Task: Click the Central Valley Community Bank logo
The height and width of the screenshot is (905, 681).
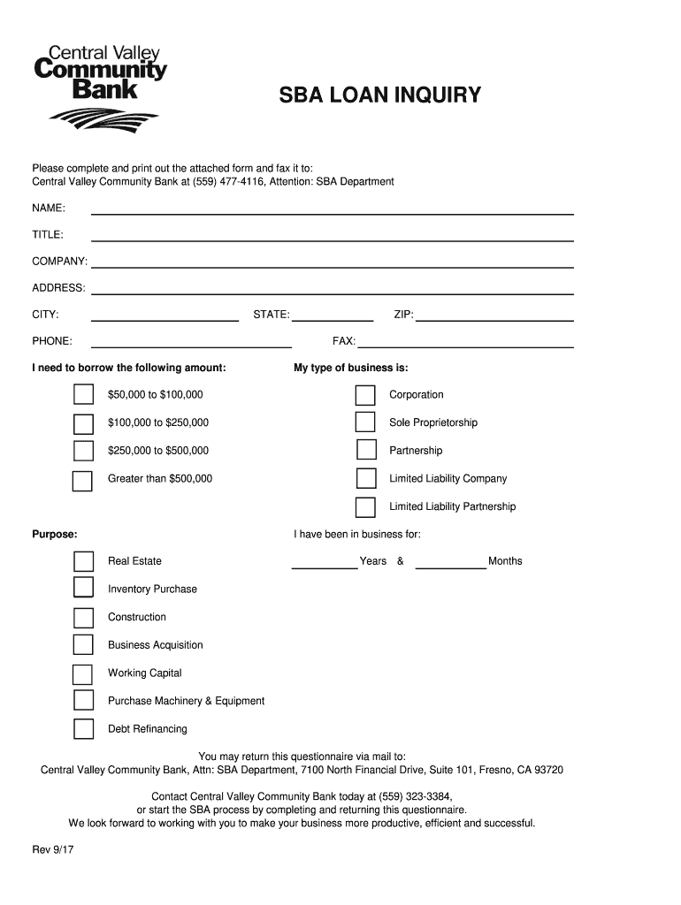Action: click(x=99, y=84)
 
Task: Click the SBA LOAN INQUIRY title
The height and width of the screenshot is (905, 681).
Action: click(x=380, y=95)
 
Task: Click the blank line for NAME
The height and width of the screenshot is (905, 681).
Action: click(x=333, y=209)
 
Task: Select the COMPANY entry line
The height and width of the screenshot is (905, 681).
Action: click(x=333, y=262)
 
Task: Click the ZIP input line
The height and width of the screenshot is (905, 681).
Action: click(x=494, y=316)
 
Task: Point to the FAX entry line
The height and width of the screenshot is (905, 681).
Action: click(x=465, y=342)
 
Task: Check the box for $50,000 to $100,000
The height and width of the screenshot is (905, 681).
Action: click(x=83, y=394)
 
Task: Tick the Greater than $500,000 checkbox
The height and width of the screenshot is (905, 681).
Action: click(x=83, y=479)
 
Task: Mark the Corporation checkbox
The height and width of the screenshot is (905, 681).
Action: click(x=365, y=394)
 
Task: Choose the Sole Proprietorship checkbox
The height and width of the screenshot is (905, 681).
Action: click(x=365, y=422)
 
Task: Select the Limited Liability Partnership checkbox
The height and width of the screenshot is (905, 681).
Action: click(x=365, y=507)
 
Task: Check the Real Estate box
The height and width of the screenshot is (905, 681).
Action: click(x=83, y=561)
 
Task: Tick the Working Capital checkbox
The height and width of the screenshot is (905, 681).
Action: click(x=83, y=673)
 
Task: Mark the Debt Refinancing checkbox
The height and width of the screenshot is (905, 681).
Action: click(x=83, y=729)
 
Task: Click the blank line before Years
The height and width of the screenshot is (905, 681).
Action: click(x=325, y=564)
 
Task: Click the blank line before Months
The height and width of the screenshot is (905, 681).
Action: click(x=451, y=564)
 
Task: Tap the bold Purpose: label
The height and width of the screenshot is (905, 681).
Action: click(x=55, y=535)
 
